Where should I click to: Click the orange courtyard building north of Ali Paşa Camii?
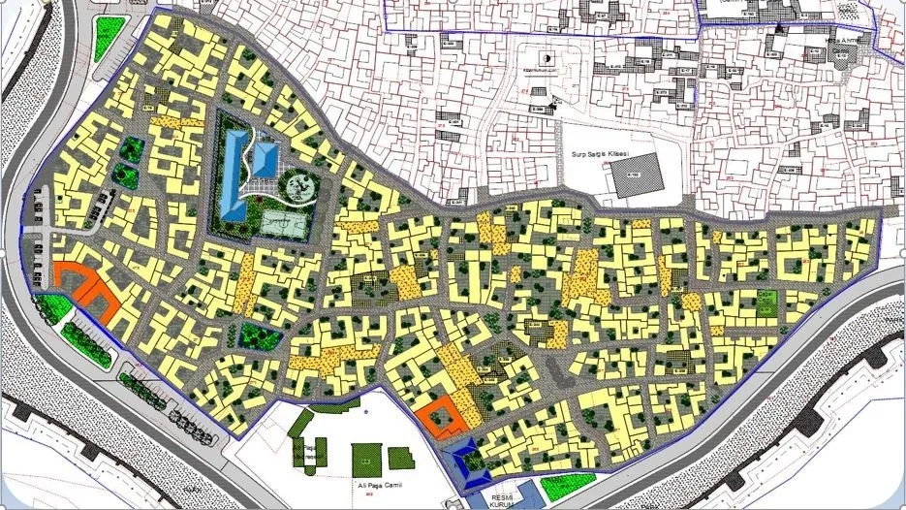[x=439, y=416]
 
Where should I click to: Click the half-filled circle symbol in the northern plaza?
[x=547, y=59]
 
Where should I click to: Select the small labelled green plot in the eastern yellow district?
[x=765, y=303]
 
